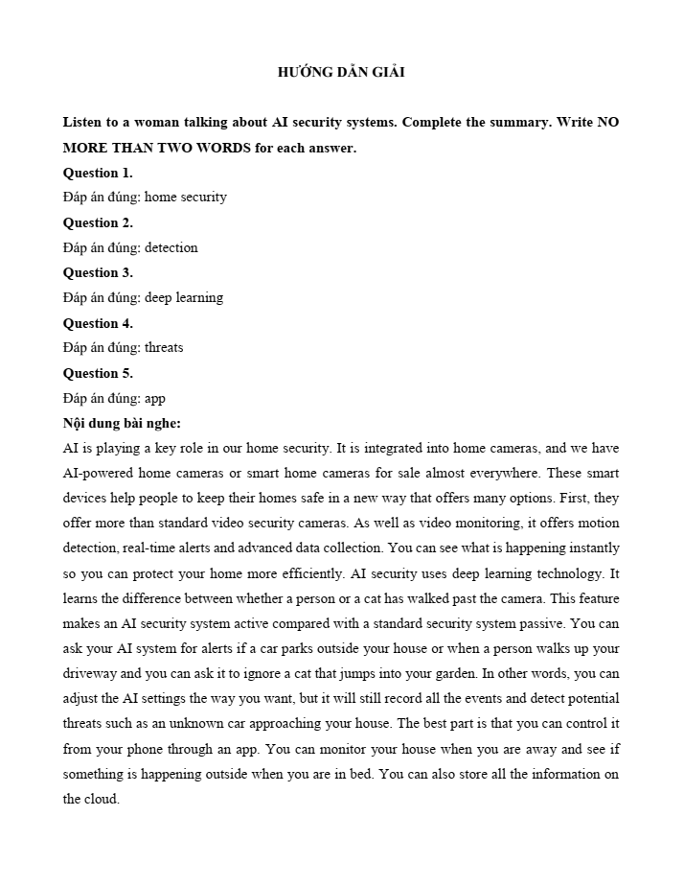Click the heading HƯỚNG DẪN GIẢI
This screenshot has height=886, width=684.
[x=341, y=73]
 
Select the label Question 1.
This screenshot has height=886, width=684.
[x=98, y=173]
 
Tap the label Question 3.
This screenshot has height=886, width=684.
[x=98, y=272]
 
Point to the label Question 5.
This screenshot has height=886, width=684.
[x=98, y=373]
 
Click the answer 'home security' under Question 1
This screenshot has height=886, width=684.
[x=185, y=198]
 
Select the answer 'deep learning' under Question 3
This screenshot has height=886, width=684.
[x=183, y=297]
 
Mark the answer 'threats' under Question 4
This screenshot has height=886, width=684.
[x=163, y=347]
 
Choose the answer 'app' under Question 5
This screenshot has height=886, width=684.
[x=154, y=398]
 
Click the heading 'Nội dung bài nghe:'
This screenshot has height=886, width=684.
[x=122, y=423]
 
